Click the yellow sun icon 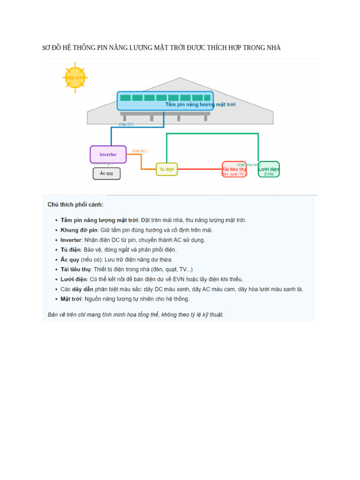75,77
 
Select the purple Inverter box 108,154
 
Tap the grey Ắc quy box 106,173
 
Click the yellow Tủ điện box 166,169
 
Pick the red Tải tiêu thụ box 234,169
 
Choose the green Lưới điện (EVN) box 269,169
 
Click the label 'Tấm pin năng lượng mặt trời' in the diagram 200,105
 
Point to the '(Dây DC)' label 126,125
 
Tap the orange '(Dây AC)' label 139,151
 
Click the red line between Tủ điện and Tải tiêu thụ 199,169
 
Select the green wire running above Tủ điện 211,134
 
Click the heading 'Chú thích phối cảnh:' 75,205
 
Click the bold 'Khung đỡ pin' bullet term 79,230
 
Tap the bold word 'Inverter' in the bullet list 71,240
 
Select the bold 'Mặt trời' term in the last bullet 71,299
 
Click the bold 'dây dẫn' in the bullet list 82,289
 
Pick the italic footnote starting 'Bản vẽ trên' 135,315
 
